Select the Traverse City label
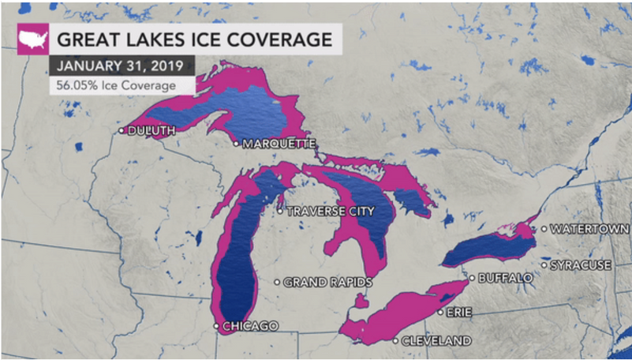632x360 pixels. [330, 212]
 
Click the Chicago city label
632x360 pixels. [250, 326]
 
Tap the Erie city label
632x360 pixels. [458, 313]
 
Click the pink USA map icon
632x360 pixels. [33, 39]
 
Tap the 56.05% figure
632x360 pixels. [75, 85]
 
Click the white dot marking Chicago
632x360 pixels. [216, 326]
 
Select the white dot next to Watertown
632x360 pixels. [544, 229]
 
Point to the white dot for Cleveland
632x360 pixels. [395, 341]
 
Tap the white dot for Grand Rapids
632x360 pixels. [276, 282]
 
